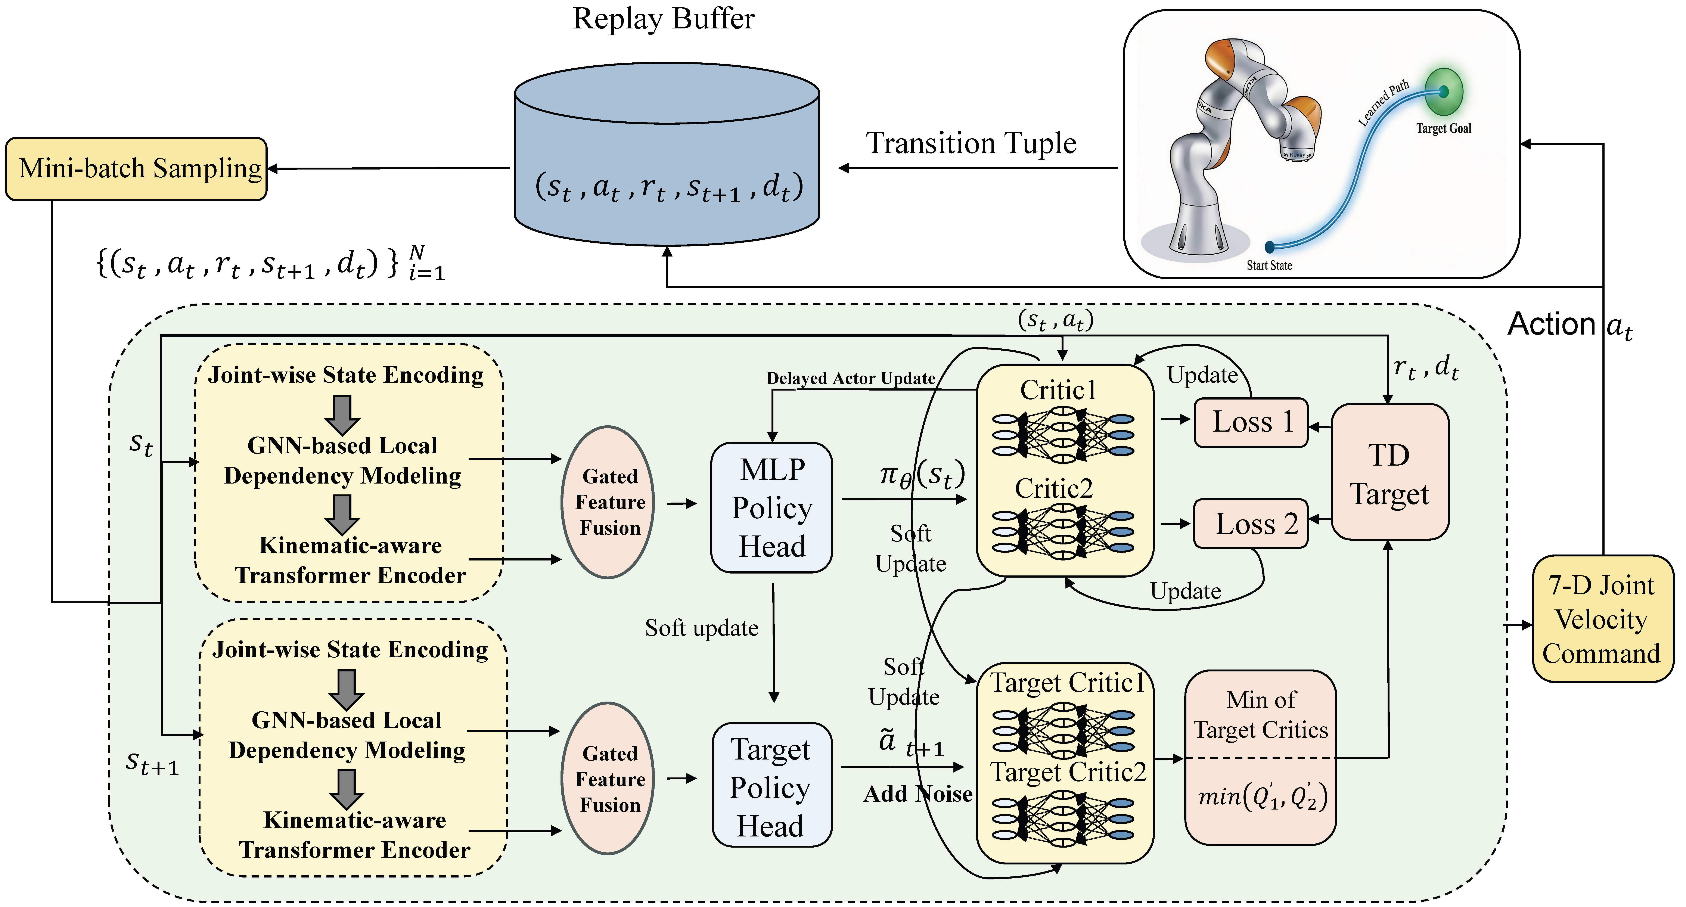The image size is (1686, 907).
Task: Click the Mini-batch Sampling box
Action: (x=136, y=169)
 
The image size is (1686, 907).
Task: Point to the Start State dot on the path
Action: (x=1270, y=247)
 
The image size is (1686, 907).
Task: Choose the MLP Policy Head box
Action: (x=772, y=508)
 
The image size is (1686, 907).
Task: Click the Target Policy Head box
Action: (x=772, y=785)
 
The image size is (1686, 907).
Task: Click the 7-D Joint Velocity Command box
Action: (x=1602, y=619)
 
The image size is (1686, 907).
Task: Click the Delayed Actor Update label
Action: (x=851, y=378)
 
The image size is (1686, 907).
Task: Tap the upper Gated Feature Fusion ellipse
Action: (x=609, y=502)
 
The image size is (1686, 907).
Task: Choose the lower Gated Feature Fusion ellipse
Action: (x=609, y=779)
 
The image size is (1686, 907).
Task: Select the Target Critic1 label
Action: (x=1067, y=683)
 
